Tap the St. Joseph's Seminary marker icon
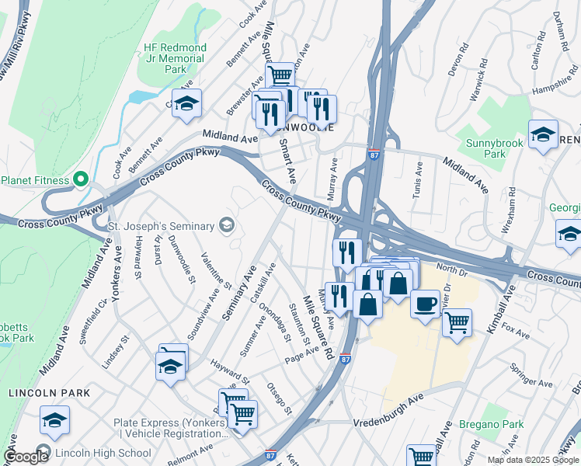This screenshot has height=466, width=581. pyautogui.click(x=227, y=226)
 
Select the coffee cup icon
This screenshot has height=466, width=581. pyautogui.click(x=425, y=303)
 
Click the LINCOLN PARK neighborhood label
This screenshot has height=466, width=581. pyautogui.click(x=50, y=393)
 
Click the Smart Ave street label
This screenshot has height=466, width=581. pyautogui.click(x=287, y=161)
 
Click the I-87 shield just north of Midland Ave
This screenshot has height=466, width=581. pyautogui.click(x=374, y=155)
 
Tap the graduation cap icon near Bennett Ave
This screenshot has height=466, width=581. pyautogui.click(x=186, y=103)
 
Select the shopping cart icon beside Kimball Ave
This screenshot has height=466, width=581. pyautogui.click(x=457, y=320)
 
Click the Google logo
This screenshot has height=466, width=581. pyautogui.click(x=26, y=457)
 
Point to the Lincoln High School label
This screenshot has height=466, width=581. pyautogui.click(x=103, y=453)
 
